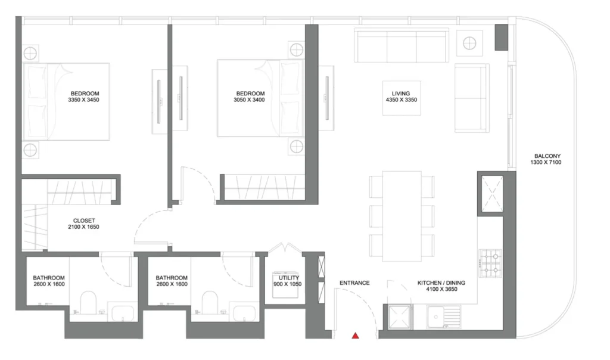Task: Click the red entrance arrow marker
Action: coord(355,336)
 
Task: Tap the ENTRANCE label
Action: coord(354,283)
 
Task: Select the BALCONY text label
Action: coord(547,156)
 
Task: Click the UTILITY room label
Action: coord(289,278)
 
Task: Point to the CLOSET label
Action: coord(84,221)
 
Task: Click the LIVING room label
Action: coord(401,94)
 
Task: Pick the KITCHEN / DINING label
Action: coord(441,283)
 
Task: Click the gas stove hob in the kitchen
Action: coord(490,263)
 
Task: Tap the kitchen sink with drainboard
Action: coord(443,317)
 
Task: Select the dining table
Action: coord(402,216)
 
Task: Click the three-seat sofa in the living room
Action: coord(402,45)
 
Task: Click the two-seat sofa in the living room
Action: coord(472,98)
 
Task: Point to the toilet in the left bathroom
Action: coord(88,302)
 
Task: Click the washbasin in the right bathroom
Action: coord(244,314)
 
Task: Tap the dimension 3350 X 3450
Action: coord(83,100)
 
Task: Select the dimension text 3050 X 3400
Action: coord(249,100)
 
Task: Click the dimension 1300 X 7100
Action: coord(546,162)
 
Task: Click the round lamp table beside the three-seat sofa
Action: coord(469,43)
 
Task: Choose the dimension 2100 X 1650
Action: coord(83,227)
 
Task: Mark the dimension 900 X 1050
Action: coord(288,284)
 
